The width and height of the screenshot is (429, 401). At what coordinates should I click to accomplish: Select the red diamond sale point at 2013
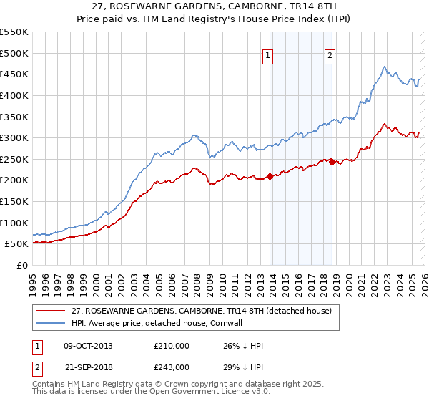[x=270, y=176]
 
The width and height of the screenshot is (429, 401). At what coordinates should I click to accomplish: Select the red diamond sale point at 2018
[x=332, y=163]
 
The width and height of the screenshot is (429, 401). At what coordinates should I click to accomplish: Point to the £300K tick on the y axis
[x=14, y=137]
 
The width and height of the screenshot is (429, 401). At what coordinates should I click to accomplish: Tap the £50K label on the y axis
[x=16, y=244]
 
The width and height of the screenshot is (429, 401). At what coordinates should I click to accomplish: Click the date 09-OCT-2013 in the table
[x=88, y=346]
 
